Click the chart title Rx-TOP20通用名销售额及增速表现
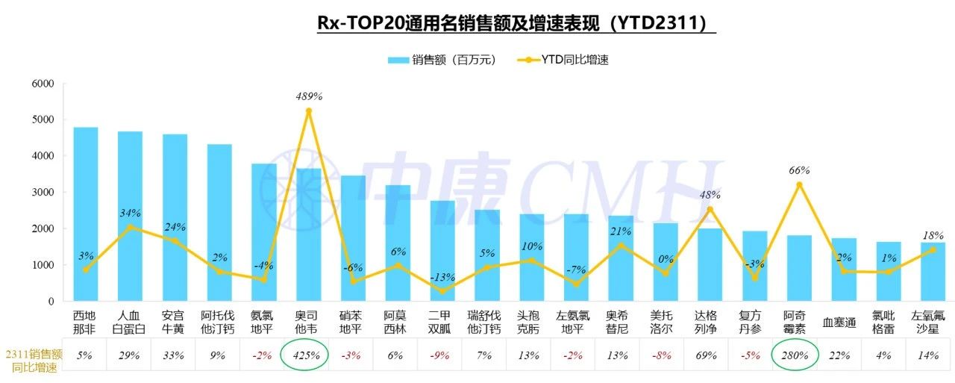click(516, 23)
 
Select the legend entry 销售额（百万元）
click(442, 60)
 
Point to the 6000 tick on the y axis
click(42, 84)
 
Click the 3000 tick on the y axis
click(42, 193)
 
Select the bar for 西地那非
click(85, 217)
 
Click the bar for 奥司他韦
click(308, 239)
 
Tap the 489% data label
click(308, 96)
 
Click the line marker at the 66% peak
click(799, 184)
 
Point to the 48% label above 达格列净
click(710, 196)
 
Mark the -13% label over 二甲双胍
click(442, 278)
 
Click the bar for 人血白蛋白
click(130, 217)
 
